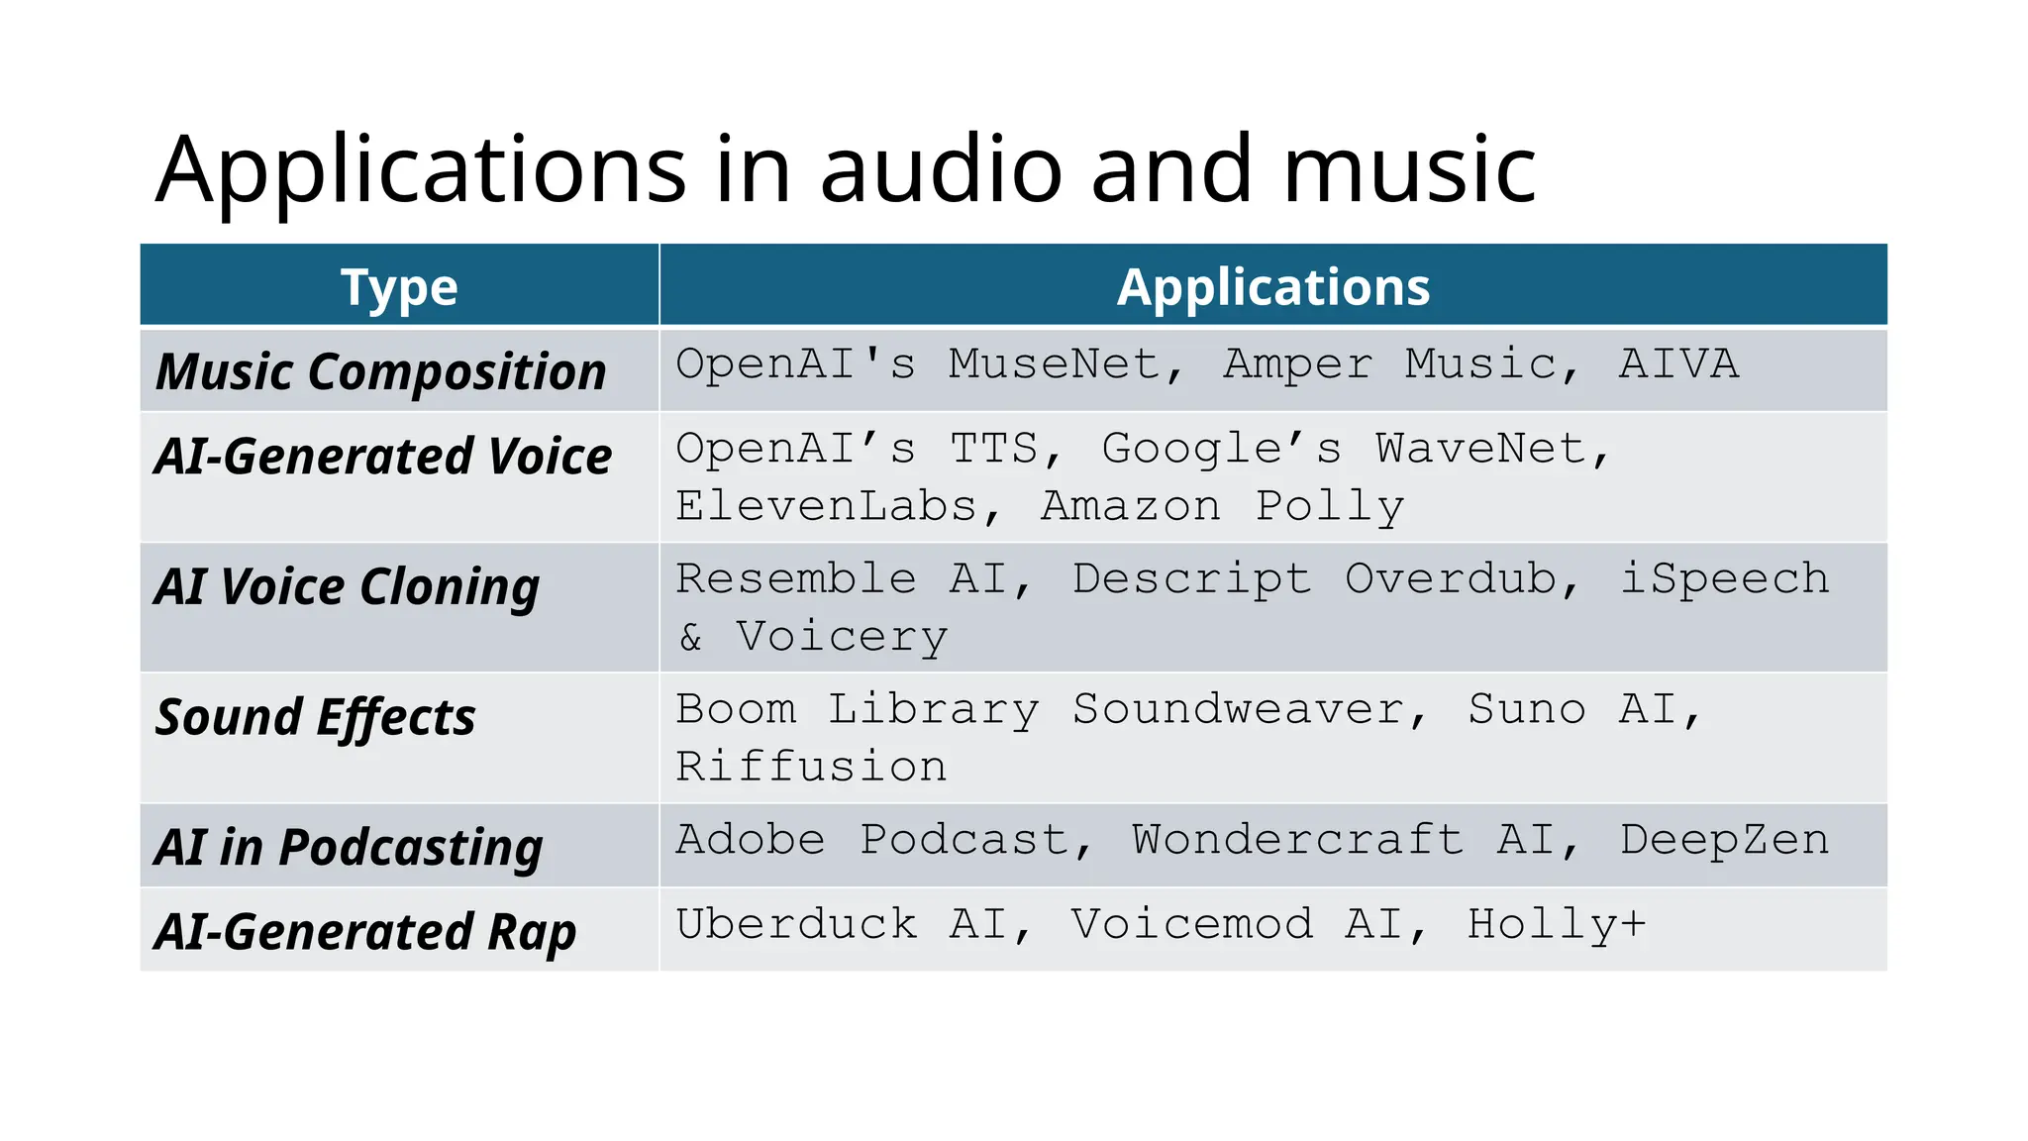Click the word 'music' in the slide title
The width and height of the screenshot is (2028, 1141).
pos(1409,169)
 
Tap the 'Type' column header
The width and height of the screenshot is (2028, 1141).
pos(399,287)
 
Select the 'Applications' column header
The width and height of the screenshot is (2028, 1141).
pos(1273,287)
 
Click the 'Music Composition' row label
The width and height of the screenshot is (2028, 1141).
pos(381,371)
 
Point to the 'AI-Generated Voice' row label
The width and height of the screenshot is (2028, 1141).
pos(383,457)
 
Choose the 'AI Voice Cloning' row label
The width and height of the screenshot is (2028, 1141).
pos(348,586)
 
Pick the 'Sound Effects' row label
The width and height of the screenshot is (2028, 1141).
pos(316,717)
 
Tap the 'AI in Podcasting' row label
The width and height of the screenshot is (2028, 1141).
pos(349,848)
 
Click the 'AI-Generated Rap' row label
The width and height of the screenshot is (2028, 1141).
pos(365,932)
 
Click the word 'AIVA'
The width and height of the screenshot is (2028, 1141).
pos(1678,364)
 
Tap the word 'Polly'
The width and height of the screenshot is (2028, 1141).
pos(1330,506)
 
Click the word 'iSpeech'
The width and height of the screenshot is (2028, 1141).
pos(1724,578)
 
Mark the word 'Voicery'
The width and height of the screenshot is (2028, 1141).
pos(842,637)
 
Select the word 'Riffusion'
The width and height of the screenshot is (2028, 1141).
pos(811,767)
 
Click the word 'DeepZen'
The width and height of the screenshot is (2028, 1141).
pos(1724,840)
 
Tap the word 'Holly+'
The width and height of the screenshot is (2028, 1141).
pos(1556,925)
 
